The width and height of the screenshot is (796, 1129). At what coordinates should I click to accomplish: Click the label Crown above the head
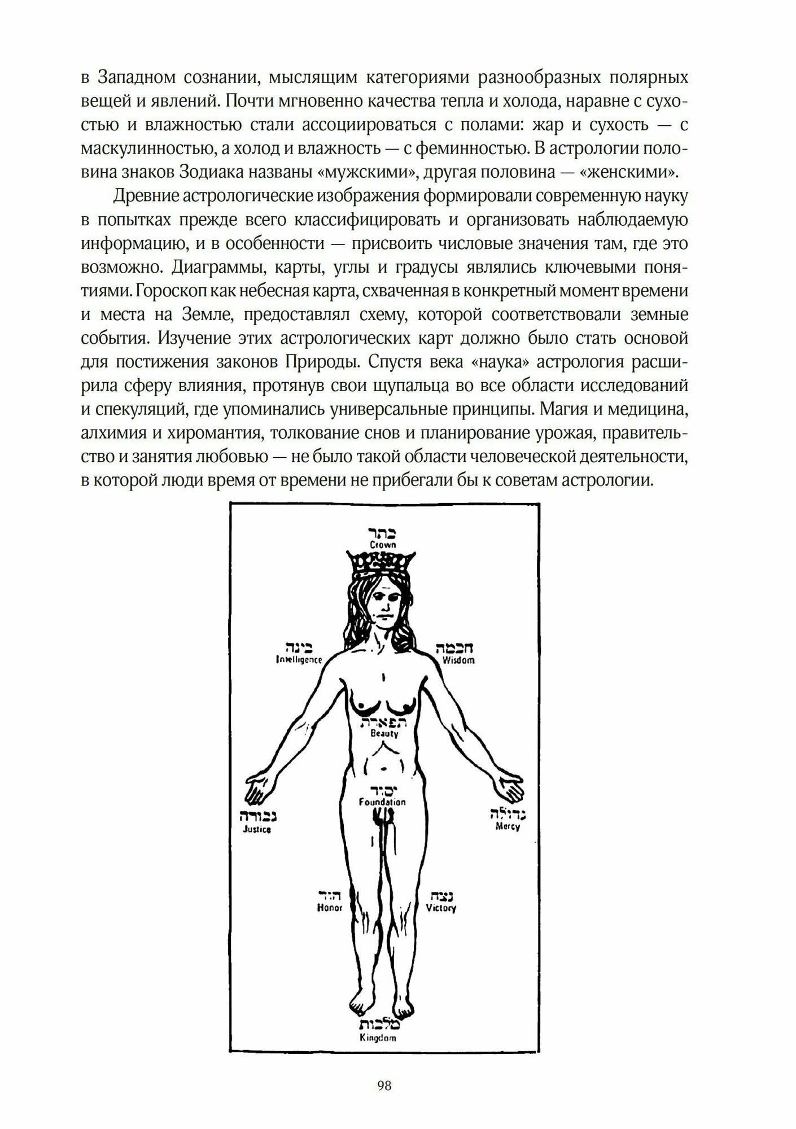tap(383, 545)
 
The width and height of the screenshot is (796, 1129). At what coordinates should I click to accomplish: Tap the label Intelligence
tap(299, 659)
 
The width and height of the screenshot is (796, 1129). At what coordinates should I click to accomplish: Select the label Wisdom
tap(458, 660)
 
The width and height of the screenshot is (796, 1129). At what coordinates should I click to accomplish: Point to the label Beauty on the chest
tap(384, 733)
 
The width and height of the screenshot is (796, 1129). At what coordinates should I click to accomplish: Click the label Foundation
tap(382, 802)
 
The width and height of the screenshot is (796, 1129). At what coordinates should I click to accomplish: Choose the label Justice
tap(257, 829)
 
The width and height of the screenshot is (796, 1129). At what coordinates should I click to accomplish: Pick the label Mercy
tap(508, 826)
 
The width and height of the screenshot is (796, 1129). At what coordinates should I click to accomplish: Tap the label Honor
tap(330, 924)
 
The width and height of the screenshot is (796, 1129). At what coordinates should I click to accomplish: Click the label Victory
tap(441, 924)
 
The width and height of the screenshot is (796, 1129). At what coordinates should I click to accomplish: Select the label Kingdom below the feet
tap(378, 1038)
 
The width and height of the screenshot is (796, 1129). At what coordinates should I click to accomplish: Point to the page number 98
tap(384, 1086)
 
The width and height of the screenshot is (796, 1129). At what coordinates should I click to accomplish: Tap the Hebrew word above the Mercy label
tap(508, 814)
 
